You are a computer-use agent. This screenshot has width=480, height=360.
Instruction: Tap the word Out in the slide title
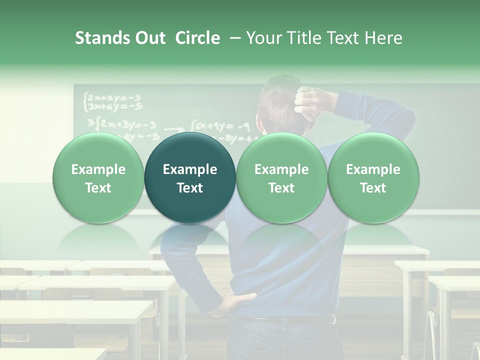pos(148,38)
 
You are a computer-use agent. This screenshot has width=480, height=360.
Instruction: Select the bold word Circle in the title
pos(197,38)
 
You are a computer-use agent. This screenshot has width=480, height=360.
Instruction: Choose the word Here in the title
pos(384,38)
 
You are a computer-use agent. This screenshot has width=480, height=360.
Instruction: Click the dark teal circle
pos(190,178)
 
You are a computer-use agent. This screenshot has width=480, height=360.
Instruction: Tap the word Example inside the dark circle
pos(190,169)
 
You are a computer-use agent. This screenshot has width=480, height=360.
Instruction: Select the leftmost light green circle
pos(98,178)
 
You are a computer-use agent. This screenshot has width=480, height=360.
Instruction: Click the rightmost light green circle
pos(373,178)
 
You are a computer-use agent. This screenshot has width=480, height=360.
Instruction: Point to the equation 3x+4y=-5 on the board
pos(114,105)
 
